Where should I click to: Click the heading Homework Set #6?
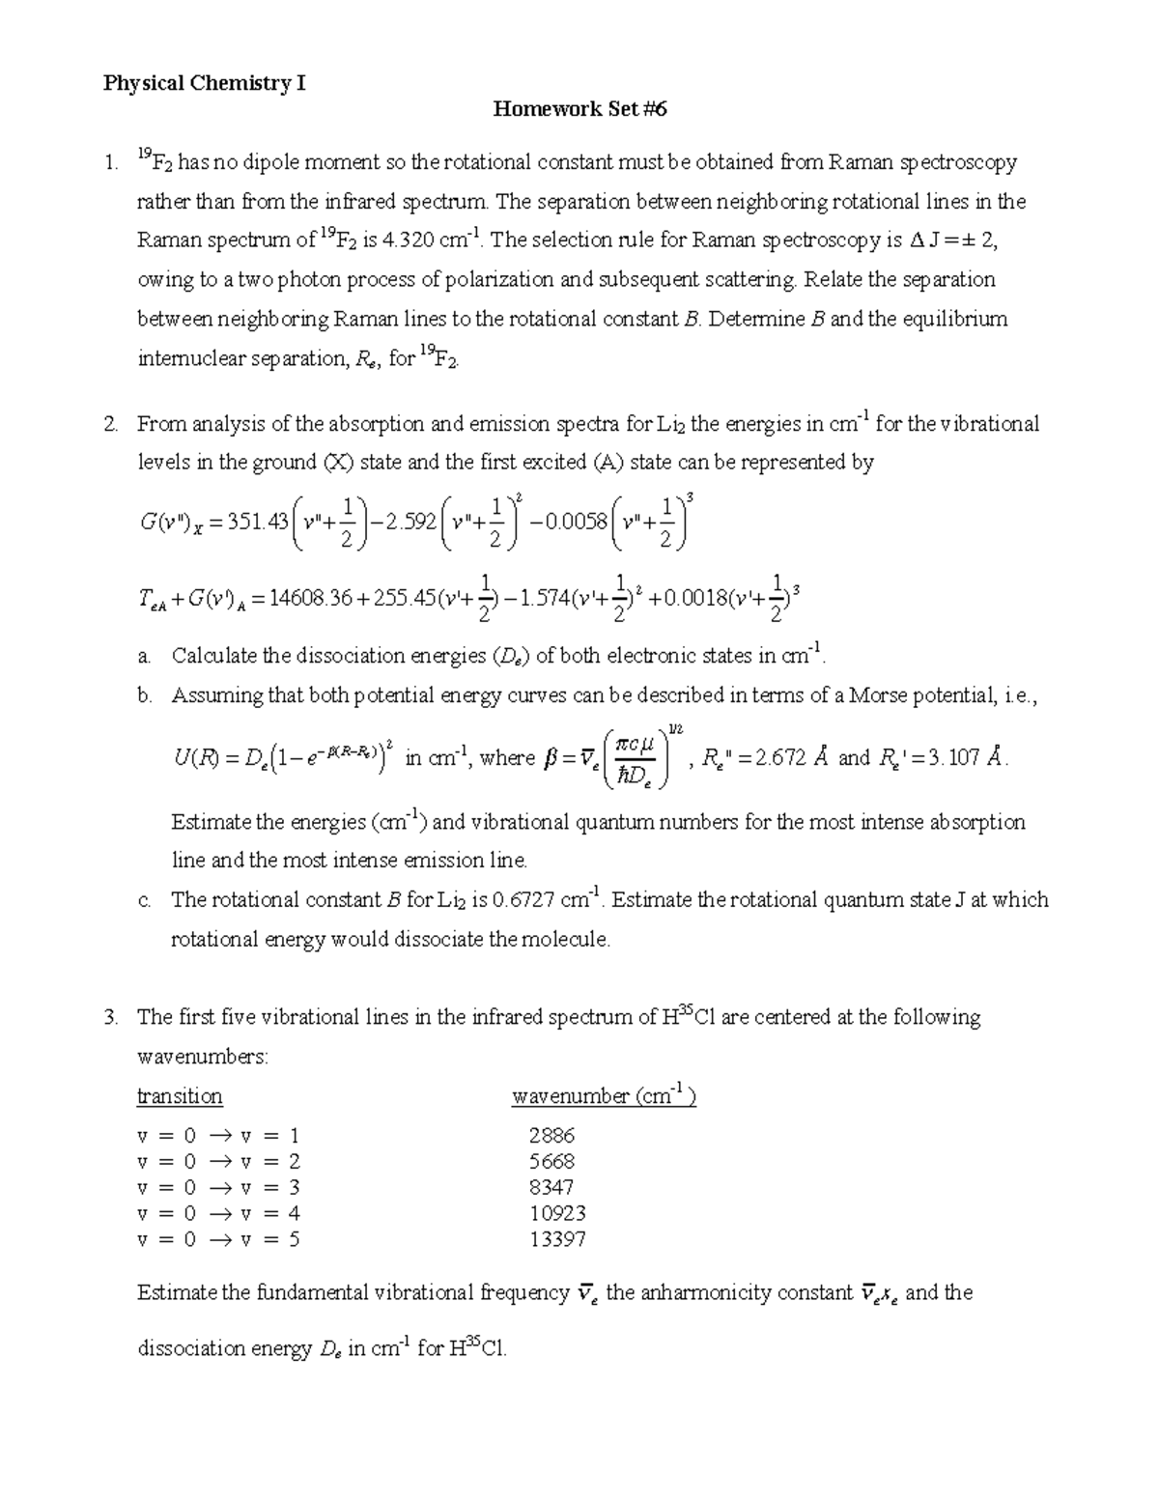pos(579,109)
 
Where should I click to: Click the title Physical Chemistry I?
pos(205,83)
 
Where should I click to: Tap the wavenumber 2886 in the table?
pos(551,1136)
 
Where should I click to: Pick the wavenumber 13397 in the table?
pos(557,1239)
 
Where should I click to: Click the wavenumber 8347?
pos(551,1187)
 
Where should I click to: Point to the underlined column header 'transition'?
pos(180,1096)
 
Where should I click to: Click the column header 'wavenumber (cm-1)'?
pos(604,1096)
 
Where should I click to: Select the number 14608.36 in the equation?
pos(311,599)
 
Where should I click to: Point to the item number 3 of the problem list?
pos(111,1017)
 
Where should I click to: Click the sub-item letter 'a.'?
pos(144,657)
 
